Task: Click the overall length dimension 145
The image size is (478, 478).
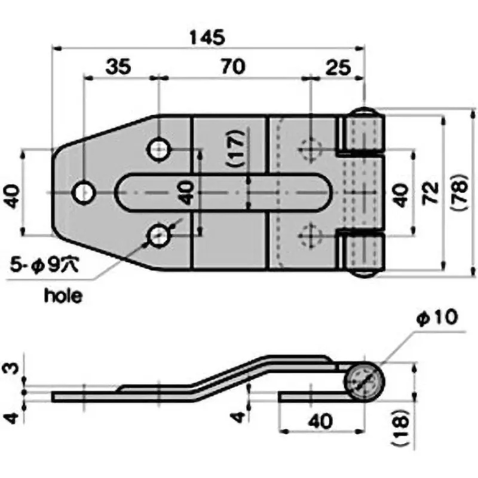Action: pyautogui.click(x=207, y=37)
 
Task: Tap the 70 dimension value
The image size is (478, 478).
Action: pyautogui.click(x=233, y=67)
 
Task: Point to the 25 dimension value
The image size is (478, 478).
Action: pyautogui.click(x=338, y=67)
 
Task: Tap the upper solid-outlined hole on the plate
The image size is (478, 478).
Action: pyautogui.click(x=159, y=149)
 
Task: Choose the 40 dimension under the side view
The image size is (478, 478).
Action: pyautogui.click(x=321, y=421)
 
